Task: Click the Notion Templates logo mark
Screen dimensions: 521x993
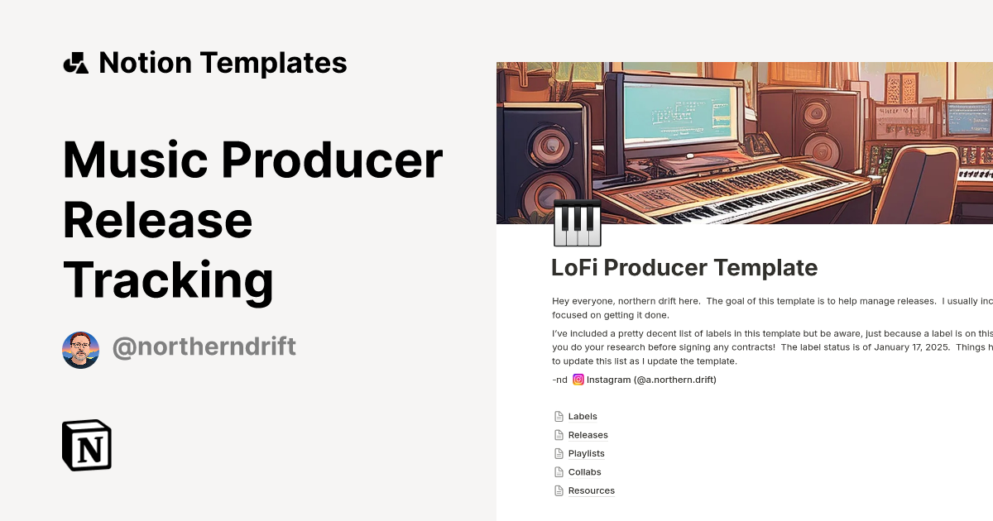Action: (x=75, y=63)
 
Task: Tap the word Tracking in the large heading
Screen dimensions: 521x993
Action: (x=168, y=280)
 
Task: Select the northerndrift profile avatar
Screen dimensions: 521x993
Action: (x=80, y=350)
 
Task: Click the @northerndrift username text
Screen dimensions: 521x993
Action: (x=204, y=347)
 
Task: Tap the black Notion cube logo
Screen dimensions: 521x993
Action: (x=87, y=446)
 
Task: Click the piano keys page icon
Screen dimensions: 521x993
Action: (x=577, y=222)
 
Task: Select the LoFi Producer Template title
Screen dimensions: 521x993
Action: (x=684, y=268)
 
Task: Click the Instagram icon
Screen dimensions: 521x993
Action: (x=579, y=380)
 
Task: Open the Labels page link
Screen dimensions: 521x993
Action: (x=583, y=417)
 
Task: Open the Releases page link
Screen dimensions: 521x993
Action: (x=588, y=435)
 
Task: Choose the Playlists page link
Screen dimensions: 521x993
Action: (x=586, y=453)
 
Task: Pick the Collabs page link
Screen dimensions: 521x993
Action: (x=584, y=472)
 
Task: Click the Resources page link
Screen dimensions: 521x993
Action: (x=591, y=490)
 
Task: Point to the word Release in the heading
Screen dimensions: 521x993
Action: (x=158, y=220)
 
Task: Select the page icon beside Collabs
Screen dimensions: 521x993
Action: (x=559, y=472)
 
